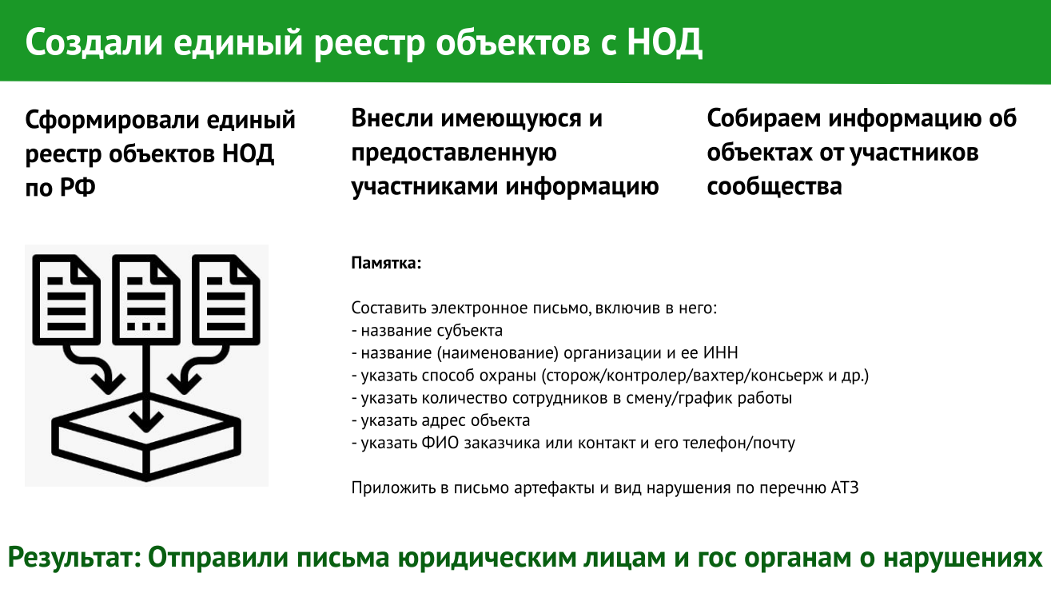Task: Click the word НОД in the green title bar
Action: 664,42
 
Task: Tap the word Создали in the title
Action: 94,42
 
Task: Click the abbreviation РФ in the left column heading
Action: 78,188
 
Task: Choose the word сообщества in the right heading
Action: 774,186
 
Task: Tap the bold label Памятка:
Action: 386,263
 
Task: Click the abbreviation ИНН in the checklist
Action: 721,352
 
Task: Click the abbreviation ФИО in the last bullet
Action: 440,443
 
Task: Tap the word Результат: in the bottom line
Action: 74,558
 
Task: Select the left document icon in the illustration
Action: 66,300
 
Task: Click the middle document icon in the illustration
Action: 146,300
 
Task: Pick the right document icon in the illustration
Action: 225,300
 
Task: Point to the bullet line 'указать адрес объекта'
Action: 440,420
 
